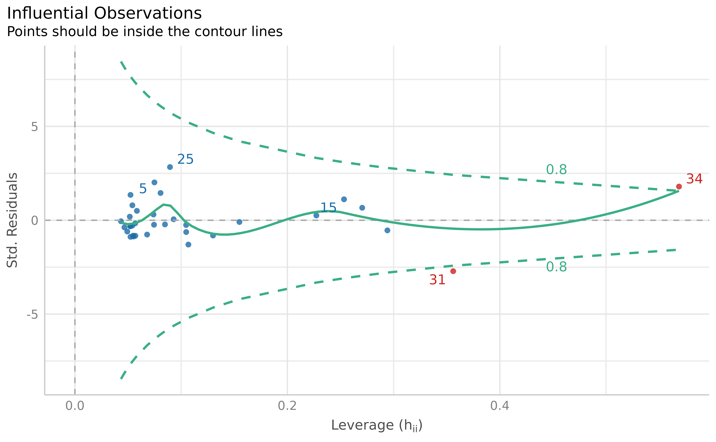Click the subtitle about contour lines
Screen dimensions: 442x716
[x=145, y=32]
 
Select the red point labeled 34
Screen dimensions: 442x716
[x=679, y=187]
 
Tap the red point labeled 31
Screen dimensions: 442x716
[x=453, y=271]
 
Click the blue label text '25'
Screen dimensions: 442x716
[x=185, y=159]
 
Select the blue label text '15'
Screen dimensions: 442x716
[x=328, y=208]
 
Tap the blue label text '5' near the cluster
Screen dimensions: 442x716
[x=143, y=189]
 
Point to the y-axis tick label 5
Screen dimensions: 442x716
[x=34, y=127]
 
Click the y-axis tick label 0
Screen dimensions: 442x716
[x=34, y=220]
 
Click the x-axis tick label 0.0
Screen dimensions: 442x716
[x=75, y=406]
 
